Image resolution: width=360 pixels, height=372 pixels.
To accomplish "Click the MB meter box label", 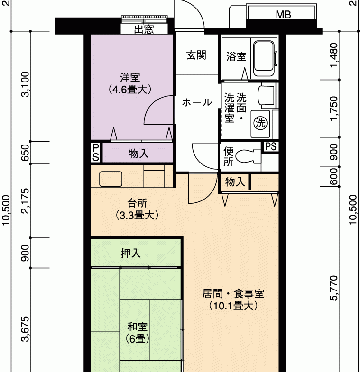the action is pos(283,15).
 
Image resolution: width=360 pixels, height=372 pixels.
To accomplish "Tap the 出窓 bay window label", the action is pos(144,29).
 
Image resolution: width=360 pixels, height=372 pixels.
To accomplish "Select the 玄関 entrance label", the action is pos(196,55).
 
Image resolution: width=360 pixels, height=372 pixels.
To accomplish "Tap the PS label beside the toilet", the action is pos(271,146).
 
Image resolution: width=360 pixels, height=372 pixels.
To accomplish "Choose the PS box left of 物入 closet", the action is pos(96,153).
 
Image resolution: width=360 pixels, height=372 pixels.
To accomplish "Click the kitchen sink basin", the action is pos(111,179).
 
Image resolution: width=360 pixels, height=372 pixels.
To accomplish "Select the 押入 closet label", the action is pos(130,253).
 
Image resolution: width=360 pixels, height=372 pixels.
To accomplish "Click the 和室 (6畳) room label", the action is pos(138,333).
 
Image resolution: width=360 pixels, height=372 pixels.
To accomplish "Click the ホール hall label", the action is pos(197,102).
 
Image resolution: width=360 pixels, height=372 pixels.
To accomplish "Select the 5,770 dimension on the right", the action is pos(333,288).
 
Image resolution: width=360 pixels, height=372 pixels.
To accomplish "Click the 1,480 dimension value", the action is pos(333,55).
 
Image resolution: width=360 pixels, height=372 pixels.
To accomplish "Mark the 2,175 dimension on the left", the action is pos(25,201).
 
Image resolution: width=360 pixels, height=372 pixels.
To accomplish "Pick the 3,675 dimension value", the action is pos(25,329).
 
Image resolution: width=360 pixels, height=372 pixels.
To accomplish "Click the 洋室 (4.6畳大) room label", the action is pos(129,83).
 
